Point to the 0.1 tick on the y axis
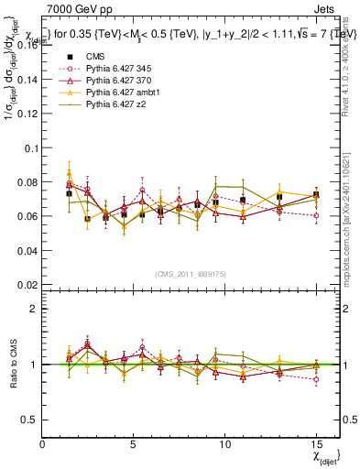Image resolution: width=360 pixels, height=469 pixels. pyautogui.click(x=29, y=147)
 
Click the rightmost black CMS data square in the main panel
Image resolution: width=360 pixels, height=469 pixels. pyautogui.click(x=316, y=195)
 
